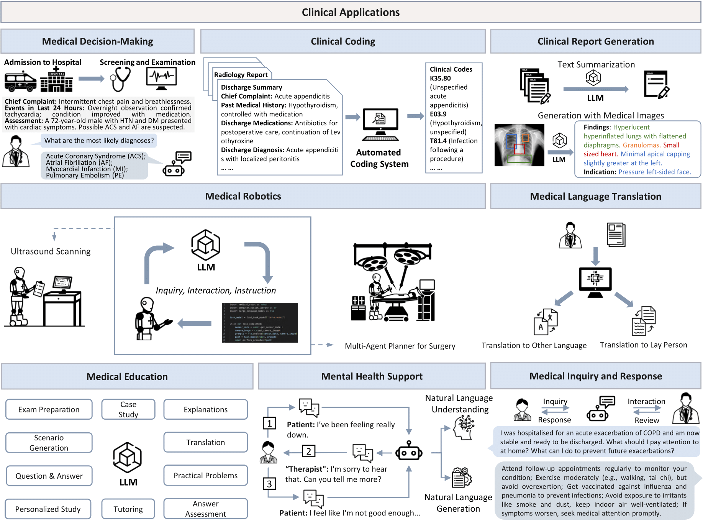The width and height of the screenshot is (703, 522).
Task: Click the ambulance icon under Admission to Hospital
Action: coord(20,81)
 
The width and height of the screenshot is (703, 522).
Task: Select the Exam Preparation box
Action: coord(49,409)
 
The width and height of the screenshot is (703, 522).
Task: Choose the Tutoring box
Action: coord(128,509)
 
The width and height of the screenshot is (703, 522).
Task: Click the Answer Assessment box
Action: coord(205,509)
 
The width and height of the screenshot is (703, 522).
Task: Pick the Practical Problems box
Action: coord(205,475)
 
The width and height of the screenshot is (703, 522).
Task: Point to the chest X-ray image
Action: coord(519,145)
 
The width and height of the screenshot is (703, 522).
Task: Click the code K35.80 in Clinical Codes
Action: coord(440,78)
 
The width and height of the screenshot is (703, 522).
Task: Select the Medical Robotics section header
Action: coord(243,196)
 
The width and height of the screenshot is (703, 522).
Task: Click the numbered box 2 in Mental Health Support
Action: coord(308,451)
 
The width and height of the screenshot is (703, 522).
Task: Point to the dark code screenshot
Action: coord(260,322)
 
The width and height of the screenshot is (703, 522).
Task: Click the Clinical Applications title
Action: coord(351,12)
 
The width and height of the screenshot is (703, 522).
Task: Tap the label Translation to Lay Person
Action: coord(643,345)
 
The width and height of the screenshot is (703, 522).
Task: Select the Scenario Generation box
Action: coord(49,443)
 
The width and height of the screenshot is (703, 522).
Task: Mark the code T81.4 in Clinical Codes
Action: coord(438,141)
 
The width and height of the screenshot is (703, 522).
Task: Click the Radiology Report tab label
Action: coord(241,75)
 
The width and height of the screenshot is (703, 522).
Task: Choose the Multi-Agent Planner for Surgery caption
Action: coord(400,346)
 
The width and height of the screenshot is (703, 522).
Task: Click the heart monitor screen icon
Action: coord(162,78)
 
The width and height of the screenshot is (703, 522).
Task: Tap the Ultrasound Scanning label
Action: coord(51,251)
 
